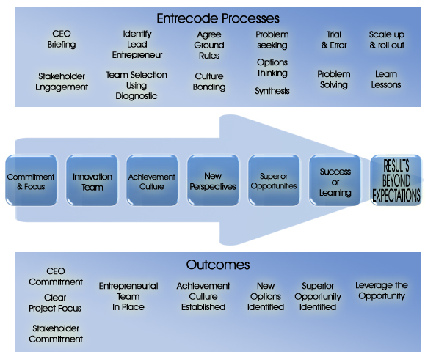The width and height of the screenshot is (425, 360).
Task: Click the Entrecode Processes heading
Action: [218, 18]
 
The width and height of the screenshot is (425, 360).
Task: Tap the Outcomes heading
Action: [218, 265]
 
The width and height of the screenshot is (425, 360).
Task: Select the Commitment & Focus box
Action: [31, 180]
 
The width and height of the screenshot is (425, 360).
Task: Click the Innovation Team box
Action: [92, 180]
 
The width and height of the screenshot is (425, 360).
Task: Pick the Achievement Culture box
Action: [153, 180]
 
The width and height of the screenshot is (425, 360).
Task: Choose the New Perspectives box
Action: [213, 180]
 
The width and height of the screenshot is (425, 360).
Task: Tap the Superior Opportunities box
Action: [274, 180]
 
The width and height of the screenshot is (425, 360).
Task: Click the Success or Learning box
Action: [335, 180]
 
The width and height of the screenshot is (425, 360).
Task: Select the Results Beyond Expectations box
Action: [396, 180]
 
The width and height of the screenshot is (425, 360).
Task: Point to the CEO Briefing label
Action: [62, 39]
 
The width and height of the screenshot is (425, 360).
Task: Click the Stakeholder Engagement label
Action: [62, 81]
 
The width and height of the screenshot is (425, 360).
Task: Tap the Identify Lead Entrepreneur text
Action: [137, 45]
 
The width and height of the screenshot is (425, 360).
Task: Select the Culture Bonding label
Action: [209, 81]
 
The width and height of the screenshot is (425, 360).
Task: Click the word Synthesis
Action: [272, 91]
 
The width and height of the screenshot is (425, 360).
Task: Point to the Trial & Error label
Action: [334, 40]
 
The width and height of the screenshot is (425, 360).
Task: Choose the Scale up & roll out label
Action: [387, 40]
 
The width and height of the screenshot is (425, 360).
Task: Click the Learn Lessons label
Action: [386, 79]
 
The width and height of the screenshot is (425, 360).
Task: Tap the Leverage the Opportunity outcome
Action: [382, 290]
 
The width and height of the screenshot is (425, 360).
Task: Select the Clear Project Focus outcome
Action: [55, 303]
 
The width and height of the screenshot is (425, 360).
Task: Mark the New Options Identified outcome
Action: [266, 296]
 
